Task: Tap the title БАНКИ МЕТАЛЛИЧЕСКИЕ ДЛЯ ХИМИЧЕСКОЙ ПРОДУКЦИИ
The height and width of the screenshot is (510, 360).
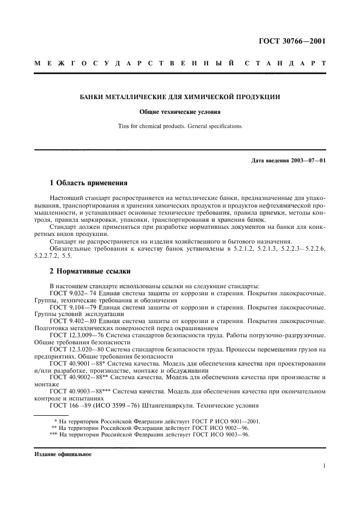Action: pyautogui.click(x=180, y=97)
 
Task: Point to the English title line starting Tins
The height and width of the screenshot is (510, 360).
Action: pyautogui.click(x=180, y=126)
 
